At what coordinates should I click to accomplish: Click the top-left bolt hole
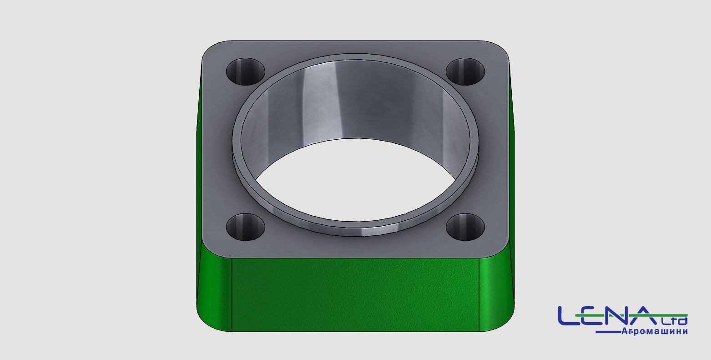(x=245, y=71)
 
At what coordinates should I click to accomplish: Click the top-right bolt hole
(x=465, y=71)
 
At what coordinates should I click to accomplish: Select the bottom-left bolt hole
(x=245, y=227)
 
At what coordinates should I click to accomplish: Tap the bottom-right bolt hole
(x=465, y=227)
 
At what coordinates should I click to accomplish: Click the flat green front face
(x=356, y=295)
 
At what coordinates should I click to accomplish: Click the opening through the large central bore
(x=356, y=181)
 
